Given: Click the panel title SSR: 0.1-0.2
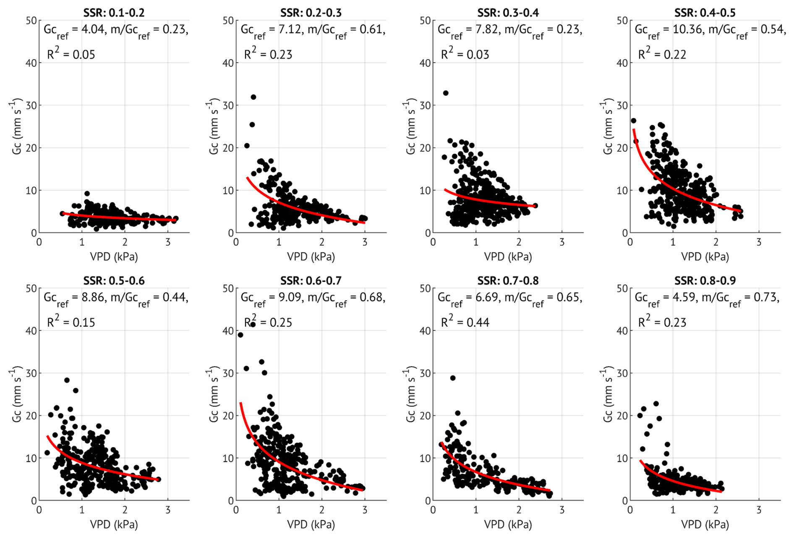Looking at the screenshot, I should pyautogui.click(x=114, y=13).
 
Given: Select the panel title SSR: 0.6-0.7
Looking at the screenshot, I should pyautogui.click(x=311, y=280).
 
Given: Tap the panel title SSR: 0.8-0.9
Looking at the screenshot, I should pyautogui.click(x=705, y=280).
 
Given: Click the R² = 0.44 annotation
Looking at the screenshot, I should pyautogui.click(x=465, y=322).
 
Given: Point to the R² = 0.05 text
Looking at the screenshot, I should pyautogui.click(x=71, y=54).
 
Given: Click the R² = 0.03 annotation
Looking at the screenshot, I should pyautogui.click(x=465, y=54).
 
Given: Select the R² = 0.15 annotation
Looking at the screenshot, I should pyautogui.click(x=71, y=322).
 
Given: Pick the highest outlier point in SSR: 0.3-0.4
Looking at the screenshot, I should pyautogui.click(x=446, y=93).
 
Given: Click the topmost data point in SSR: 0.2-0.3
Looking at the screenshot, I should pyautogui.click(x=253, y=97).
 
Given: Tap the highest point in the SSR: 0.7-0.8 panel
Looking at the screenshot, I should pyautogui.click(x=453, y=378).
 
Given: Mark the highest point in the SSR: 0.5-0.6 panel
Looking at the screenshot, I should pyautogui.click(x=67, y=380).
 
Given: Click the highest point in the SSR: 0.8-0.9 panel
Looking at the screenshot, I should pyautogui.click(x=656, y=404).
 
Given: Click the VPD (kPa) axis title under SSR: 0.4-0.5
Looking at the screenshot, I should pyautogui.click(x=705, y=256).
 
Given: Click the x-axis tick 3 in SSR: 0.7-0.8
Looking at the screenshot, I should pyautogui.click(x=562, y=510).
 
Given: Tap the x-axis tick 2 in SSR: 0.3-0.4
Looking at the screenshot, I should pyautogui.click(x=519, y=242).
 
